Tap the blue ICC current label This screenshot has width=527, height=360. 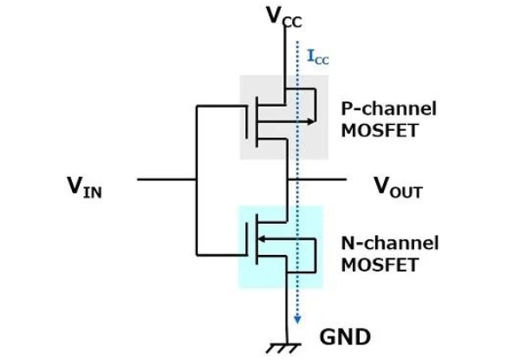pyautogui.click(x=318, y=58)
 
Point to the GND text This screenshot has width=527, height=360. pyautogui.click(x=344, y=336)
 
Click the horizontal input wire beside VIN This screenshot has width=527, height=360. pyautogui.click(x=165, y=180)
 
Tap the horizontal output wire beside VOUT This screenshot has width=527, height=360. pyautogui.click(x=321, y=180)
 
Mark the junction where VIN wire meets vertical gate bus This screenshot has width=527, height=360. pyautogui.click(x=198, y=180)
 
